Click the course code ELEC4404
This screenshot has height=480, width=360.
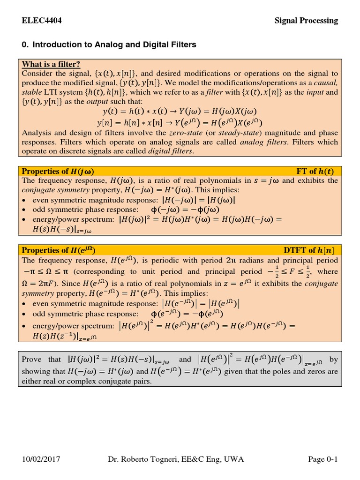click(42, 20)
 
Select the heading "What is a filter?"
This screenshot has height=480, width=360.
click(51, 64)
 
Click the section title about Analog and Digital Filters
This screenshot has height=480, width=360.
click(109, 45)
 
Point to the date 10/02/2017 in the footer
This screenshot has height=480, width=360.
click(41, 459)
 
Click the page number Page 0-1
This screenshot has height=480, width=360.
click(322, 459)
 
